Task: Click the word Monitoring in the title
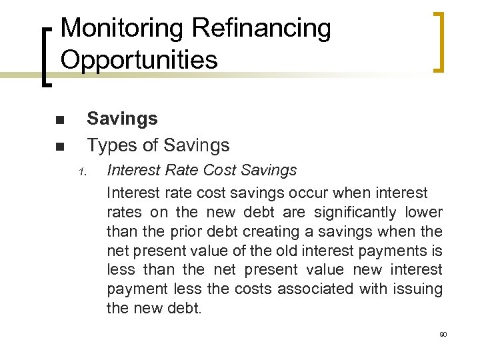(x=121, y=29)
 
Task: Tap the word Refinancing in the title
(x=261, y=29)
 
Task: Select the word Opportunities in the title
(x=139, y=60)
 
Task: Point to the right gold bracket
(x=439, y=41)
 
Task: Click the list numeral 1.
(x=82, y=173)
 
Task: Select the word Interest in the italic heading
(x=131, y=171)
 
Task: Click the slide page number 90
(x=443, y=333)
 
